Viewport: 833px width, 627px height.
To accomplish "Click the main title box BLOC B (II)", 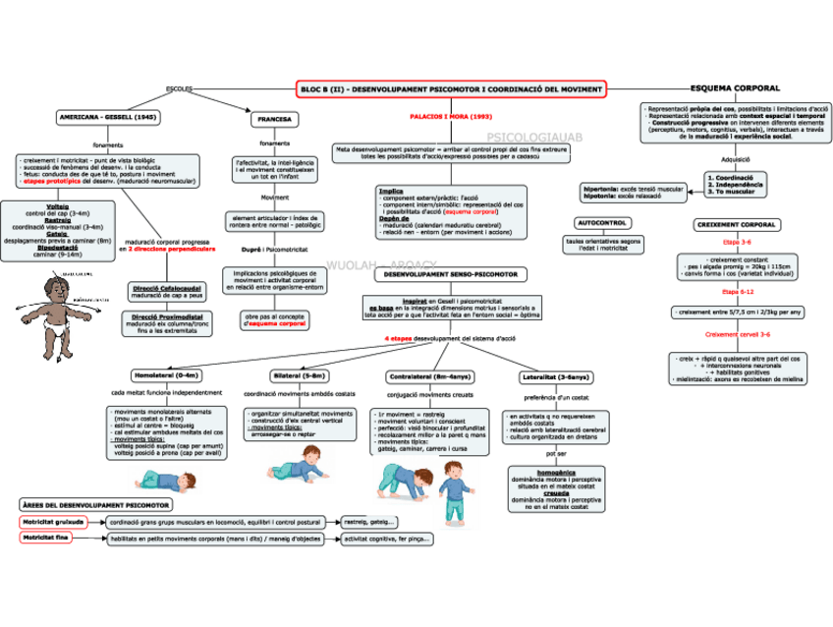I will click(x=451, y=89).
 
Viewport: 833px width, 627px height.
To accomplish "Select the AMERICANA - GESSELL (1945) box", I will click(x=108, y=117).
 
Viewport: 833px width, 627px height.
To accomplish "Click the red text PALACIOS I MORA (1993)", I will click(x=451, y=116).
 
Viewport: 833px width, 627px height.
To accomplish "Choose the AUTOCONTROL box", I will click(x=602, y=223).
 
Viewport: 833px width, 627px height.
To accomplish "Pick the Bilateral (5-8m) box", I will click(x=299, y=375).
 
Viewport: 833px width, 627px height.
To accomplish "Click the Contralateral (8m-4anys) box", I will click(x=428, y=375).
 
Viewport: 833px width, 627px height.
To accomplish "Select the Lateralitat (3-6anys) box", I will click(x=556, y=376).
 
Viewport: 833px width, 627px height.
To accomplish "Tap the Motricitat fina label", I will click(x=47, y=539).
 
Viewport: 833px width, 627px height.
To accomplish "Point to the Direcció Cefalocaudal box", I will click(x=167, y=291).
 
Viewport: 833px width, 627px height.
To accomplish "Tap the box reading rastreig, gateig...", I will click(x=369, y=522).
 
